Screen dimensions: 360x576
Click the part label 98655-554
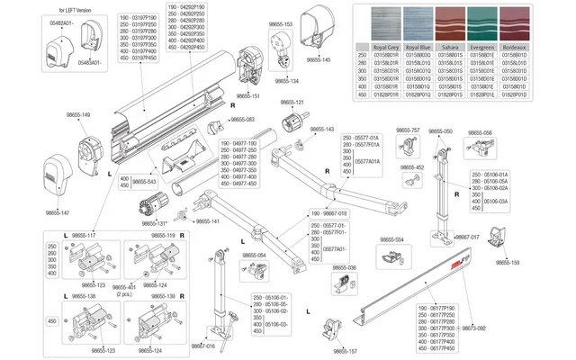(392, 240)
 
